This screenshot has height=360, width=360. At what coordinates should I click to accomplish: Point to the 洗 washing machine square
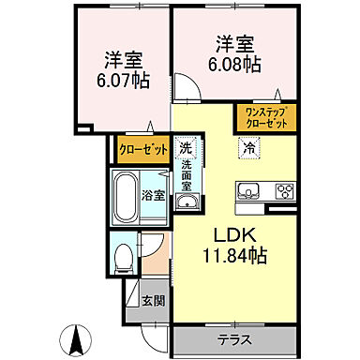click(186, 148)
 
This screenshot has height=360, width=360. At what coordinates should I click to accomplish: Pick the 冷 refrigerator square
click(249, 146)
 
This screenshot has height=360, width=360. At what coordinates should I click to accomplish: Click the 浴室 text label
click(153, 198)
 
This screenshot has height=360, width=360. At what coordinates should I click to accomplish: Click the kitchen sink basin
click(249, 192)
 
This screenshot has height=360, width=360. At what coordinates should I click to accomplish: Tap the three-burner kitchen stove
click(283, 192)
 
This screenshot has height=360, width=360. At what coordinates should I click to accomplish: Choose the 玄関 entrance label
click(153, 302)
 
